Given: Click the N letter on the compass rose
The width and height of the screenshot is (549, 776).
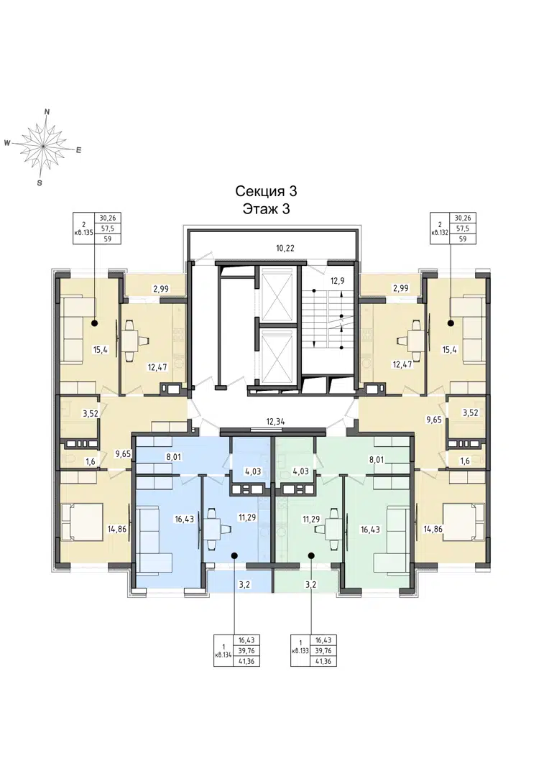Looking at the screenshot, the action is (x=47, y=112).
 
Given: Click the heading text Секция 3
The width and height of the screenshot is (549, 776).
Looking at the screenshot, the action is (x=266, y=191).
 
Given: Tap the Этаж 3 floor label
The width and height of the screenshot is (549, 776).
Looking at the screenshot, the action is (x=266, y=209).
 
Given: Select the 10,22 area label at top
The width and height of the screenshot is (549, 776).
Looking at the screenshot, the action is (x=285, y=249).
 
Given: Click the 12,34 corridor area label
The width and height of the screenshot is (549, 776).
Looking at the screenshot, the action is (x=276, y=422).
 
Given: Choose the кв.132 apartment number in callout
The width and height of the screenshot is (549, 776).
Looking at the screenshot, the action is (x=440, y=231).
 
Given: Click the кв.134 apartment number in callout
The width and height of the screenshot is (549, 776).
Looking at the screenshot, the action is (x=223, y=655).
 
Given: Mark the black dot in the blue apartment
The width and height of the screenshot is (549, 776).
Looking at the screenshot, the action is (x=234, y=555).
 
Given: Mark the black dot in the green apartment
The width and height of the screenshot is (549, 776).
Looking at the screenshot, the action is (x=311, y=555).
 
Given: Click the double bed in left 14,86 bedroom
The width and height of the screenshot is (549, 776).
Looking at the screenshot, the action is (x=82, y=522).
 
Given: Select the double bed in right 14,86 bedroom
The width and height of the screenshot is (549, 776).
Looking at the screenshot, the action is (x=464, y=522).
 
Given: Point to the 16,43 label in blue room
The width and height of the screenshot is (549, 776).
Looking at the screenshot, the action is (x=184, y=519).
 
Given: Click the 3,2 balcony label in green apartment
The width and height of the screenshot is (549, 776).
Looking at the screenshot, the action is (x=311, y=584).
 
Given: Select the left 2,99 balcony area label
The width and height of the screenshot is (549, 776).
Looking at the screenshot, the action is (x=161, y=288).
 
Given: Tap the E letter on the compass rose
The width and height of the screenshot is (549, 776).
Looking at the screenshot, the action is (x=78, y=150).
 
